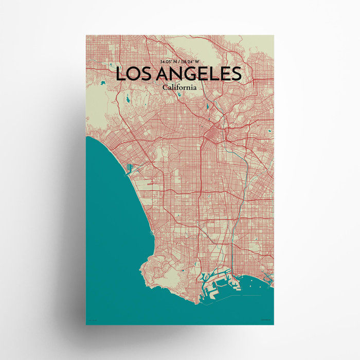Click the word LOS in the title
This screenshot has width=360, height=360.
(x=133, y=74)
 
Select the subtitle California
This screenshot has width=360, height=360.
(x=179, y=88)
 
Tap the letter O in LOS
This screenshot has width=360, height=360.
(x=132, y=74)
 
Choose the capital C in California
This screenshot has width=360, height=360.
(x=165, y=88)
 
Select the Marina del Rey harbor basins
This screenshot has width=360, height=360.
(x=129, y=168)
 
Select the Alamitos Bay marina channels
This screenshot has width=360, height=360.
(x=267, y=278)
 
